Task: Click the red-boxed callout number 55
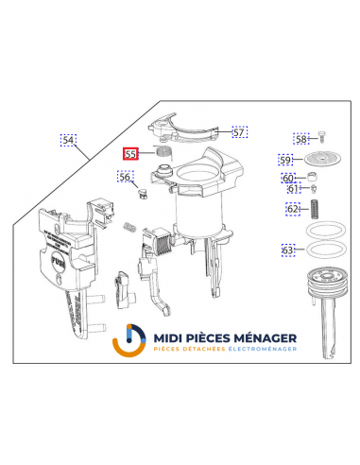click(x=131, y=152)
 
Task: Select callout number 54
click(x=68, y=140)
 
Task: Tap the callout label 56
click(x=126, y=177)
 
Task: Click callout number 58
click(x=300, y=140)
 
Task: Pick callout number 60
click(x=288, y=178)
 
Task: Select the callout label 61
click(x=293, y=189)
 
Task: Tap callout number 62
click(x=293, y=208)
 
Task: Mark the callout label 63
click(x=286, y=250)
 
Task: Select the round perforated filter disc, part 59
click(x=326, y=160)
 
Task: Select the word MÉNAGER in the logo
click(x=266, y=337)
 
